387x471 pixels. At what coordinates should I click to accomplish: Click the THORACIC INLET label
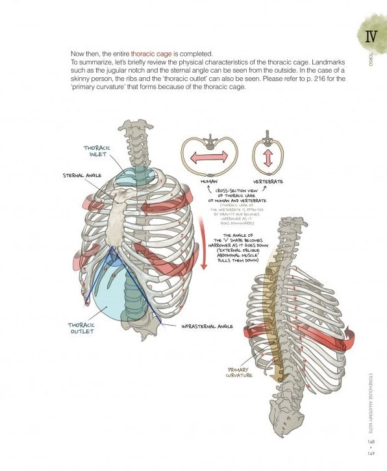pyautogui.click(x=97, y=151)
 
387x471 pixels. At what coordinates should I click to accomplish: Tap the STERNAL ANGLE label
pyautogui.click(x=82, y=175)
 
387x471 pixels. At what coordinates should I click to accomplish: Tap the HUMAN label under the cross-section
pyautogui.click(x=209, y=182)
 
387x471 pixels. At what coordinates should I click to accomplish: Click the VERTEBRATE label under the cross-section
pyautogui.click(x=268, y=182)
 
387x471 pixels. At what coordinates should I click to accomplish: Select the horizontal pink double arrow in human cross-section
pyautogui.click(x=208, y=156)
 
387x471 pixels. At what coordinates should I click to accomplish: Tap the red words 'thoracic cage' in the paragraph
pyautogui.click(x=151, y=53)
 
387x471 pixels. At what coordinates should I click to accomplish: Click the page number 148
pyautogui.click(x=371, y=442)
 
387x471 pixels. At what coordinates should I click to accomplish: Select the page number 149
pyautogui.click(x=371, y=453)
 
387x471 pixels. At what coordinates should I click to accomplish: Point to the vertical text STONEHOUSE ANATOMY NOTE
pyautogui.click(x=369, y=402)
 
